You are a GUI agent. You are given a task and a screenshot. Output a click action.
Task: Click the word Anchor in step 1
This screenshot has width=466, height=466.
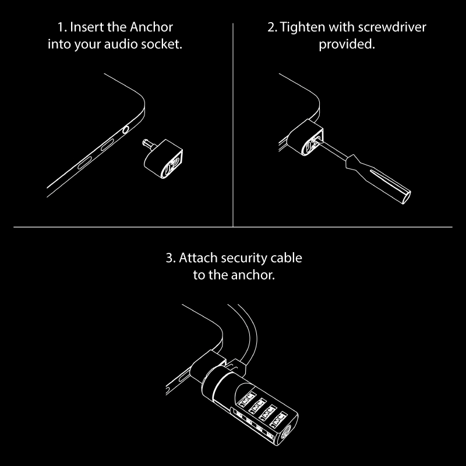pos(152,27)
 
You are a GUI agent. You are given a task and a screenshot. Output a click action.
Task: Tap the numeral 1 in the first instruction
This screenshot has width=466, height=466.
pos(60,27)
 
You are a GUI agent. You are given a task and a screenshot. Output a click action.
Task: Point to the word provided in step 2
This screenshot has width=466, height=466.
pos(346,44)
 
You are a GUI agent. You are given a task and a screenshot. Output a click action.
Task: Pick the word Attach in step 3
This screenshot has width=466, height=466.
pos(199,257)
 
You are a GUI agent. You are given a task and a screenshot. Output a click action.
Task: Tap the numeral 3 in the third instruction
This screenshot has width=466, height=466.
pos(169,257)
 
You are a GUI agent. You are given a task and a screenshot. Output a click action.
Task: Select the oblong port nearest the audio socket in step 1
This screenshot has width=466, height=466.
pos(107,144)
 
